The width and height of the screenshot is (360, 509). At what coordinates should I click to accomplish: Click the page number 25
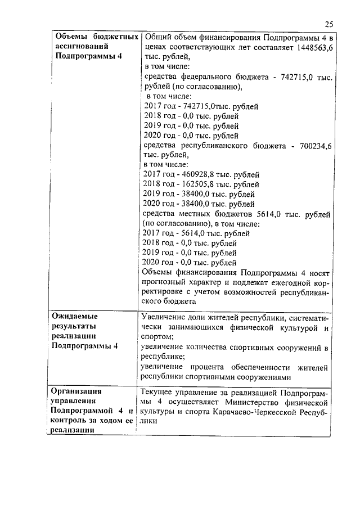pyautogui.click(x=329, y=24)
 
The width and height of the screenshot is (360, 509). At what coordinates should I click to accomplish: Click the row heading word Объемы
pyautogui.click(x=72, y=37)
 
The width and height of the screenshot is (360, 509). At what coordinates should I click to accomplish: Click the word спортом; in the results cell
pyautogui.click(x=157, y=336)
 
